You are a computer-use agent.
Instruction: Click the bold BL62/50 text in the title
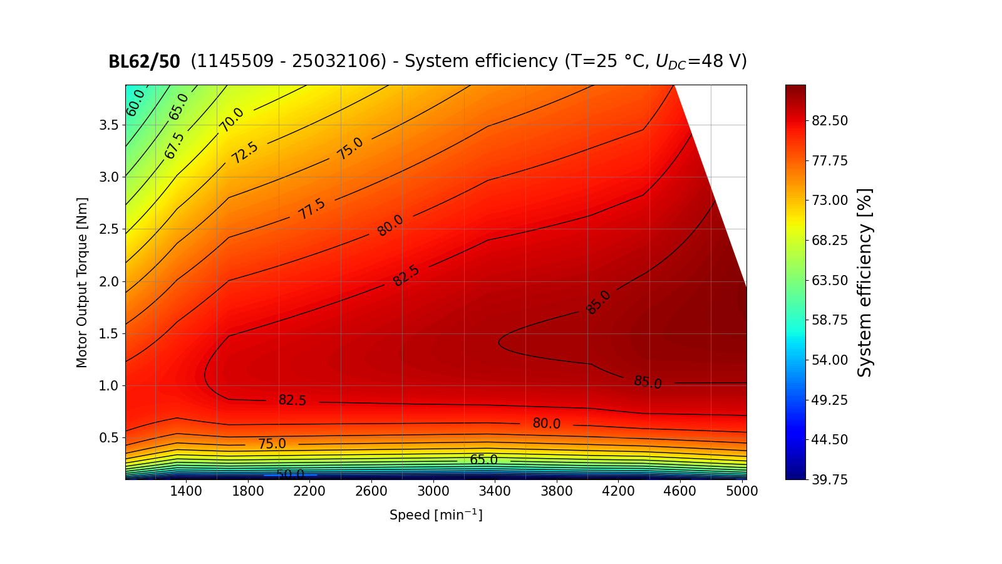pyautogui.click(x=144, y=61)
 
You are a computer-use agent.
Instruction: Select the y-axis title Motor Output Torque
pyautogui.click(x=82, y=282)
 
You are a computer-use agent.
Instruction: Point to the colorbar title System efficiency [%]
pyautogui.click(x=865, y=282)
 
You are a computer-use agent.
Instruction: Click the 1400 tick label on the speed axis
pyautogui.click(x=186, y=491)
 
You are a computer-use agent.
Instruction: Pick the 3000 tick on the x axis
pyautogui.click(x=433, y=491)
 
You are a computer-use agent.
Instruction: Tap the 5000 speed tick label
pyautogui.click(x=742, y=491)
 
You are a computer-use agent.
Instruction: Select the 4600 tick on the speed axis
pyautogui.click(x=680, y=491)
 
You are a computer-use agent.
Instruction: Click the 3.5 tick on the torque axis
pyautogui.click(x=108, y=125)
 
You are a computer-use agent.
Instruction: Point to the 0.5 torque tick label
pyautogui.click(x=108, y=437)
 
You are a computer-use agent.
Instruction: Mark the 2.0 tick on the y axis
pyautogui.click(x=108, y=281)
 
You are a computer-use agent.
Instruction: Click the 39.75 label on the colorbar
pyautogui.click(x=830, y=479)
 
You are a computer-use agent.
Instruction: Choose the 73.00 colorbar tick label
pyautogui.click(x=830, y=201)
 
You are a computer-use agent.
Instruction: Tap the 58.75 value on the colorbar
pyautogui.click(x=830, y=320)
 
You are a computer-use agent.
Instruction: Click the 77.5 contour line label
pyautogui.click(x=312, y=209)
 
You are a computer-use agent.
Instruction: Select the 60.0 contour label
pyautogui.click(x=135, y=103)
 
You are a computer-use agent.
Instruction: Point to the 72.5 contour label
pyautogui.click(x=244, y=152)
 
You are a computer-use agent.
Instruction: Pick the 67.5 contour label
pyautogui.click(x=175, y=145)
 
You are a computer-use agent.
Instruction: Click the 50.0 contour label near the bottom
pyautogui.click(x=290, y=474)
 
